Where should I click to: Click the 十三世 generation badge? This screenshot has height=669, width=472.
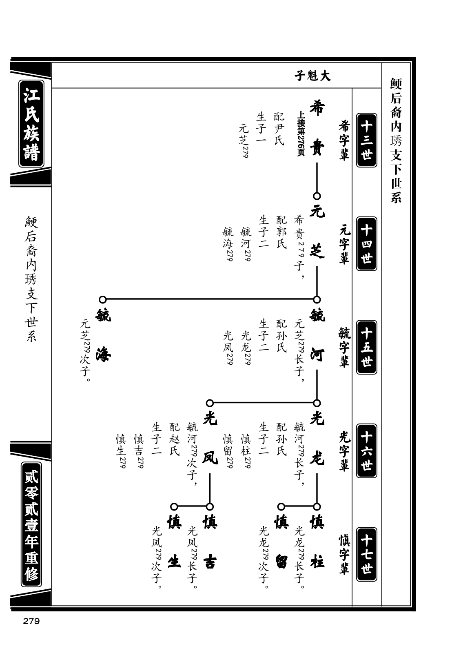366,140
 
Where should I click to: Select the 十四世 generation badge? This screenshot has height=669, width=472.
366,244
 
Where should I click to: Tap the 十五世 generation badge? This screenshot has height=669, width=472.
366,347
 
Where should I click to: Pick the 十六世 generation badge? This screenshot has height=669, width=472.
366,450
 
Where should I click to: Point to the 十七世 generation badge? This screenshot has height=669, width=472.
366,554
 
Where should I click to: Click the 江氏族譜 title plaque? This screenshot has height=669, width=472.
31,124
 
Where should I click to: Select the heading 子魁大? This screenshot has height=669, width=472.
312,76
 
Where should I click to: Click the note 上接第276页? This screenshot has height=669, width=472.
301,134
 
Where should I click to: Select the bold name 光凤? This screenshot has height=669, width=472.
210,439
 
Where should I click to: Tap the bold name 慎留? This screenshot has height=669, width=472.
281,542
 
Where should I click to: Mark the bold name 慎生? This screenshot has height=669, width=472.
174,542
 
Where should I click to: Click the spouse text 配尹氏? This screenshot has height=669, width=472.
279,129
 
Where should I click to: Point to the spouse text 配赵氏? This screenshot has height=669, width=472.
175,439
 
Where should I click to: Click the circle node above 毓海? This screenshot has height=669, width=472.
103,299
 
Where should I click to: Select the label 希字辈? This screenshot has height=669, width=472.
344,140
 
